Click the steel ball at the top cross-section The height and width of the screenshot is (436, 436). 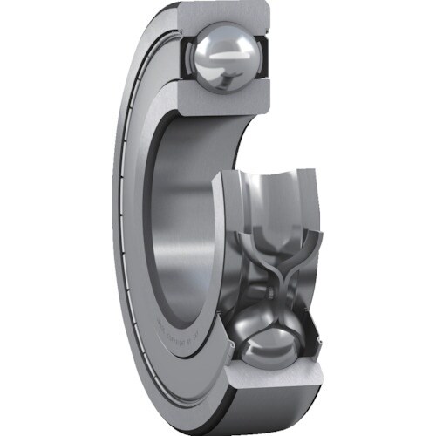click(x=224, y=59)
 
